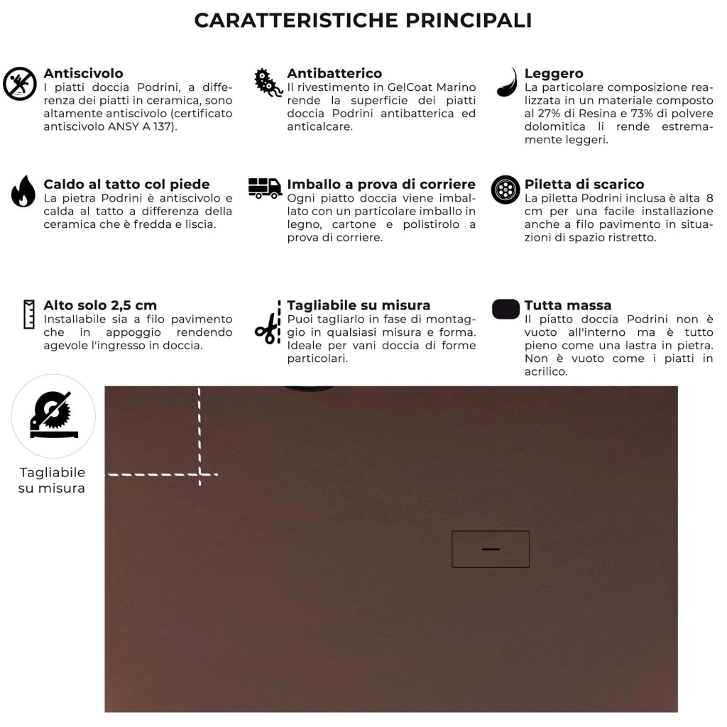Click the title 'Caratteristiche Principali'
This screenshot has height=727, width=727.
coord(363,21)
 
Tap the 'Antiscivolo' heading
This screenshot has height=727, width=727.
coord(83,73)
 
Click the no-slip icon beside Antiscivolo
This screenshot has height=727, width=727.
coord(20,84)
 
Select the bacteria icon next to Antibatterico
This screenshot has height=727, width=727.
coord(268,83)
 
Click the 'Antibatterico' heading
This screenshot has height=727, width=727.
coord(334,73)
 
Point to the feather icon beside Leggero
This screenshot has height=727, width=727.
coord(507,82)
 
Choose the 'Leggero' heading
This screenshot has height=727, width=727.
coord(554,73)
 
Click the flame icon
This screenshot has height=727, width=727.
coord(23,192)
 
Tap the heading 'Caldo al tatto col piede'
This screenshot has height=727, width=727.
coord(126,185)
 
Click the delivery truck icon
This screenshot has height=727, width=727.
coord(265,188)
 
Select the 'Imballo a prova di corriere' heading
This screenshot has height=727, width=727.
coord(381,185)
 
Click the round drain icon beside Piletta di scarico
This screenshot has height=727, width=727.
coord(505,190)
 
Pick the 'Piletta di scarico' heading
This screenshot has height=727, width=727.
coord(584,185)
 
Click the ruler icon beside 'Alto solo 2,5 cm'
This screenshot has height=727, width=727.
coord(29,315)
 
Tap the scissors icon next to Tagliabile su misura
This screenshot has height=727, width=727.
coord(268,329)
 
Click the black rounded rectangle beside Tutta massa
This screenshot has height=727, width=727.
coord(505,309)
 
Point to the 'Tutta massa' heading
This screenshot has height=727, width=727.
coord(568,305)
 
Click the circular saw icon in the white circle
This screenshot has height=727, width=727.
coord(53,416)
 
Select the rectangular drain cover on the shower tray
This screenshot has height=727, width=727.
coord(491,549)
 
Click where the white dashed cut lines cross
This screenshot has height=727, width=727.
coord(199,474)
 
